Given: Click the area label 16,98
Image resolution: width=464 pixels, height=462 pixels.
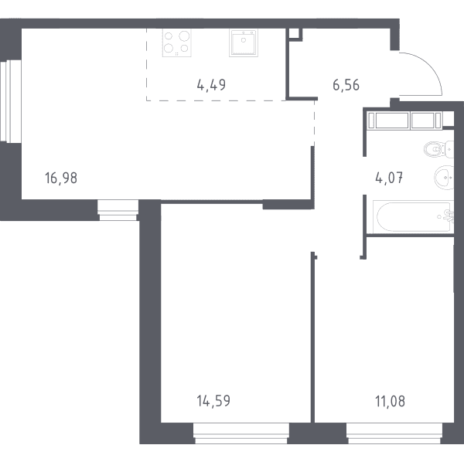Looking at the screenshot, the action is coord(61,178).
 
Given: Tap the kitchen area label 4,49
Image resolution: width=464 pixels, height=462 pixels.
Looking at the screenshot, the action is coord(211,85).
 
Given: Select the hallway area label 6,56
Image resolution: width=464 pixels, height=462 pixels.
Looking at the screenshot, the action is coord(346,85).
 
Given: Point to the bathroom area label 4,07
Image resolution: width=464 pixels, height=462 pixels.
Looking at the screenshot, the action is coord(389,178).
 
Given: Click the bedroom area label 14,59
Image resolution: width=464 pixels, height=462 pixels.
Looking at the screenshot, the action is coord(213,401).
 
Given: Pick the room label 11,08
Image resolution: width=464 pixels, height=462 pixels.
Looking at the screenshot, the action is coord(390,402).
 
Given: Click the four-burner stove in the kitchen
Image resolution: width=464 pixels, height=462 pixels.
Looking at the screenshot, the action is coord(176,42).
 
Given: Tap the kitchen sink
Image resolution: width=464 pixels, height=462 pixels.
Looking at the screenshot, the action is coord(244,42).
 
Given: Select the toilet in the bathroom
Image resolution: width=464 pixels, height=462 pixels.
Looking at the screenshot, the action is coord(438,149).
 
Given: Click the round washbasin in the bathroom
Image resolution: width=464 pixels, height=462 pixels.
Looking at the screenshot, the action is coord(444,178).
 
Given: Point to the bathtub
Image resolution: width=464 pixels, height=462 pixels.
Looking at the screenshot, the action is coord(413,216).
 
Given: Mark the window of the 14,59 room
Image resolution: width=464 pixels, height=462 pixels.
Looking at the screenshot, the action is coord(241,433).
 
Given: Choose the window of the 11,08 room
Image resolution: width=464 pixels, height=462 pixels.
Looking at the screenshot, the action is coord(394,433).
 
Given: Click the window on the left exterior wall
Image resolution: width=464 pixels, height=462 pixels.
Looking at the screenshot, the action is coord(11,101).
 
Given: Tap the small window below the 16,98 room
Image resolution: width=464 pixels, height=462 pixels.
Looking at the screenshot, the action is coord(118,210).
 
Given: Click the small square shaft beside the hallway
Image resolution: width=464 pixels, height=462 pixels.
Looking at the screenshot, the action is coord(294,33).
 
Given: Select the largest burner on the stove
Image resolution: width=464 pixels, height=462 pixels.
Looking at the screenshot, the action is coord(184,36).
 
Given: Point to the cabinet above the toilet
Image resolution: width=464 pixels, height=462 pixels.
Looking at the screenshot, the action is coord(404,121).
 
